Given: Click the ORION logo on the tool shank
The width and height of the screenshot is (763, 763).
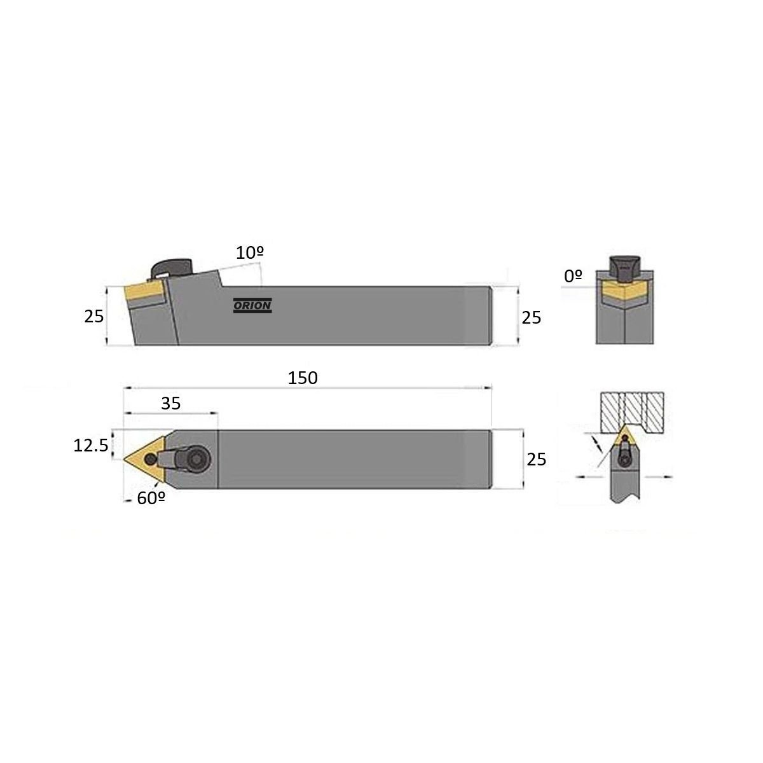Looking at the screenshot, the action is point(252,305).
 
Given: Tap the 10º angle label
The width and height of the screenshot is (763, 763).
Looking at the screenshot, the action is point(249,253).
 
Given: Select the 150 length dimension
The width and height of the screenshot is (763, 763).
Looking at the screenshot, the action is point(303,378).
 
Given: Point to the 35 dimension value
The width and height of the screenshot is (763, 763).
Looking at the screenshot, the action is point(170,404).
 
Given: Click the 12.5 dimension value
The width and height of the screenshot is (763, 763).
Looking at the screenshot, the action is point(91,446).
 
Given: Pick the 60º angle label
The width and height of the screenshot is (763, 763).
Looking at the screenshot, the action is point(151,498).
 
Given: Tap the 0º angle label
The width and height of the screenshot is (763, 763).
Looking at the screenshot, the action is point(573,277).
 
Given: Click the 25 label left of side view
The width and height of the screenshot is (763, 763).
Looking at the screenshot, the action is point(94,317).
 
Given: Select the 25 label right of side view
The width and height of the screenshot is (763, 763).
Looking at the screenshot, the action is point(531,317).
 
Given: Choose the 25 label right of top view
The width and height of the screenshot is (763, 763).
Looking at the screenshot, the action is point(536,459).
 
